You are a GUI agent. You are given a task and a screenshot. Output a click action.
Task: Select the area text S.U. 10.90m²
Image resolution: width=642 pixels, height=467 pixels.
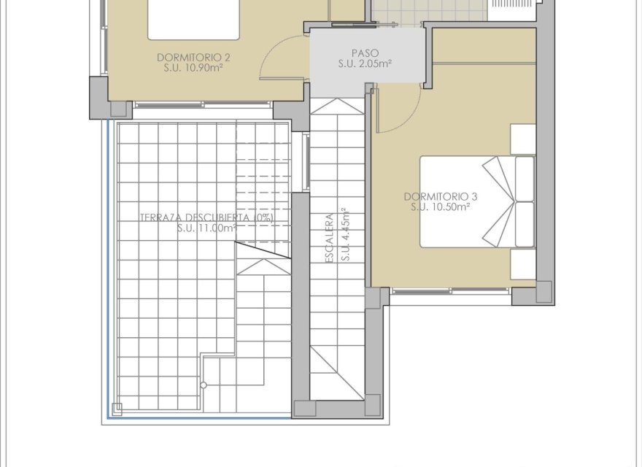tap(194, 67)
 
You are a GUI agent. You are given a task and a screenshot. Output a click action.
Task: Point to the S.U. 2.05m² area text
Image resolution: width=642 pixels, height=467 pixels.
tap(365, 64)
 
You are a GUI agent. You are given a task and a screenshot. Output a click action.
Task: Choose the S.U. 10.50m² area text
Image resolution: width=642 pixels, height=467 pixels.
tap(440, 207)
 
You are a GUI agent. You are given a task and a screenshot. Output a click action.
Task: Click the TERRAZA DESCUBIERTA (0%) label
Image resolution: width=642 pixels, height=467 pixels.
tap(207, 217)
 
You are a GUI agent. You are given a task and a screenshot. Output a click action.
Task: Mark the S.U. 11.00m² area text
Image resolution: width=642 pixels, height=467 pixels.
tap(207, 228)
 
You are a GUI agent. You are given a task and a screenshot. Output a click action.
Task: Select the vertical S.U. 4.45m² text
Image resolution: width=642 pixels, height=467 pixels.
tap(346, 234)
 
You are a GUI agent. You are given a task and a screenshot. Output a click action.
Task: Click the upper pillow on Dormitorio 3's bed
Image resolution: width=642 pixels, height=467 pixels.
tap(525, 178)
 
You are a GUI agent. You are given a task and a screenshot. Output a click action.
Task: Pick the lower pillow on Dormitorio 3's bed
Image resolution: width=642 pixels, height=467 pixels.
tap(525, 224)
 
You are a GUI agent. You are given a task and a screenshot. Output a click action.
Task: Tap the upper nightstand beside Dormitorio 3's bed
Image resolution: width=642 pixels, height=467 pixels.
tap(523, 138)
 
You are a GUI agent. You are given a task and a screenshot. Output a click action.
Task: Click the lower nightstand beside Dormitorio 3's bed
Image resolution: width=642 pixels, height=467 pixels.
tap(523, 264)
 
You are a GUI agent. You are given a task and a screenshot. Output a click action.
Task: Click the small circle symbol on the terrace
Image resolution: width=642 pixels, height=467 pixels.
tap(204, 385)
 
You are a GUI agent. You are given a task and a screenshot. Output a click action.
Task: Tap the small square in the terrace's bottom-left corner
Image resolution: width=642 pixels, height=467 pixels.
tap(115, 408)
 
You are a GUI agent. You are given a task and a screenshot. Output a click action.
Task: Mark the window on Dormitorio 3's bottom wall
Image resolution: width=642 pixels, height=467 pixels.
tap(450, 291)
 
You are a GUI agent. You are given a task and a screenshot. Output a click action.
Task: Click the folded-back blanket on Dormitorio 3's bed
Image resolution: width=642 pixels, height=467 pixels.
tap(498, 201)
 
